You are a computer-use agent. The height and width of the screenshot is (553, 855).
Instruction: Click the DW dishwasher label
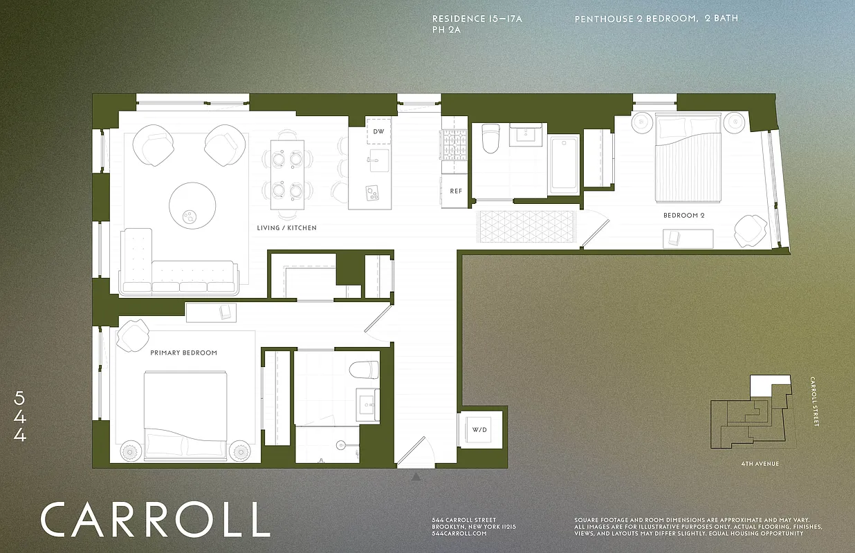click(378, 131)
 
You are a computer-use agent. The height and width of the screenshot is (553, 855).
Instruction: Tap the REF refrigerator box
click(455, 191)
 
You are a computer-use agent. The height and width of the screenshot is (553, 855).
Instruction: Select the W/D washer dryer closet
click(479, 430)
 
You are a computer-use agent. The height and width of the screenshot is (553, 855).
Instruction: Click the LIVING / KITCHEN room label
click(286, 227)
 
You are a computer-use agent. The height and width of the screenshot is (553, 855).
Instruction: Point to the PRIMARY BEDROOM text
click(183, 353)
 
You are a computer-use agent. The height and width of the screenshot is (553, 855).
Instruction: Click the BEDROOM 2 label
click(683, 216)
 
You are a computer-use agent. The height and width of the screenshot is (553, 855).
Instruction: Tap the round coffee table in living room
click(193, 205)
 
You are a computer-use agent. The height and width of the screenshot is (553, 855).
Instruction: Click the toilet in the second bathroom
click(490, 138)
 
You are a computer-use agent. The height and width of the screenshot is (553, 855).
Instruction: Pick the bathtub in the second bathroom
click(564, 165)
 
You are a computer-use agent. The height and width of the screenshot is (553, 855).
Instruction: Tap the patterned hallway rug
click(525, 227)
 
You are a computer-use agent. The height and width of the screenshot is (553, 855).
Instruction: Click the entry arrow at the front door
click(416, 477)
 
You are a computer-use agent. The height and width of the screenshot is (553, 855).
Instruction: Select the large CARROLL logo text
click(155, 520)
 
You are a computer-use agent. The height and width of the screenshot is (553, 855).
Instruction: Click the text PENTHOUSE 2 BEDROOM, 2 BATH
click(656, 19)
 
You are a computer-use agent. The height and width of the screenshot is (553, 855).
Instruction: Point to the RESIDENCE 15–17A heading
click(477, 19)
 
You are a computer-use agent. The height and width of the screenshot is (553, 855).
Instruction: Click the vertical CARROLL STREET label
click(816, 402)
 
